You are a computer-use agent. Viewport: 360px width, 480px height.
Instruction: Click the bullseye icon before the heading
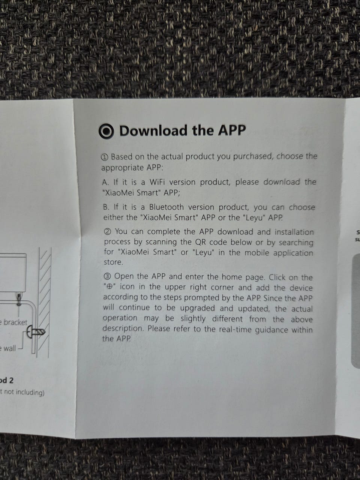106,131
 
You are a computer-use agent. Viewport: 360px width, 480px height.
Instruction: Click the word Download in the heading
154,130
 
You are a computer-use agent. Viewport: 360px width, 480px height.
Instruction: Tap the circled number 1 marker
105,157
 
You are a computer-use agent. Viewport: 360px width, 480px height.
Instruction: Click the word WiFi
157,182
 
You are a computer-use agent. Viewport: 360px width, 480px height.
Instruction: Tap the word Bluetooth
166,207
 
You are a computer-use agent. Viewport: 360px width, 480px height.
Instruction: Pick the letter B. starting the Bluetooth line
106,207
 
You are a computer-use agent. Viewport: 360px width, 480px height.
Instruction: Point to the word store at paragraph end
114,262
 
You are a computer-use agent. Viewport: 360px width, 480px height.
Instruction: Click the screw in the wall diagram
36,333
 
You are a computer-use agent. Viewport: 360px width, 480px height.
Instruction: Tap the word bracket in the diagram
15,322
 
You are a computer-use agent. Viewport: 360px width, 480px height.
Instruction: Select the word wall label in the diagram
10,348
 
